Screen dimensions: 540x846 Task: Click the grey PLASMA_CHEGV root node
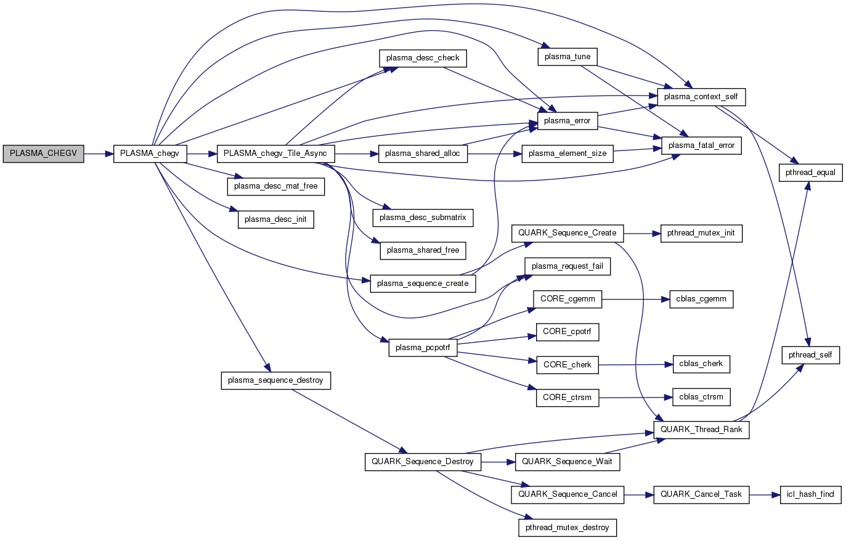click(43, 153)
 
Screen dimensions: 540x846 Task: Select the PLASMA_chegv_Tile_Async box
click(275, 153)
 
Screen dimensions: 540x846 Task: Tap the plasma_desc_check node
click(423, 58)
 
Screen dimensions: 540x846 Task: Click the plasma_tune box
click(567, 57)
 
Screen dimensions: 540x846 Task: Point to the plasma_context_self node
click(701, 97)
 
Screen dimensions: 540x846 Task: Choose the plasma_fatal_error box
click(701, 145)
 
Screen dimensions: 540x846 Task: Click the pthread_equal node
click(810, 173)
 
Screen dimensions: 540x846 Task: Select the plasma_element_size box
click(567, 153)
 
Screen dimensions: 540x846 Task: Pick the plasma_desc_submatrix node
click(423, 218)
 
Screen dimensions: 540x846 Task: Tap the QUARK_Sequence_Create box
click(567, 233)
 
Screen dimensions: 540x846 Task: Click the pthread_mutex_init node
click(701, 234)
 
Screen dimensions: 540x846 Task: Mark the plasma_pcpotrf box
click(423, 348)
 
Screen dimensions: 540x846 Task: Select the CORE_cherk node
click(567, 365)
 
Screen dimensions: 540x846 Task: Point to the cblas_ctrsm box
click(701, 397)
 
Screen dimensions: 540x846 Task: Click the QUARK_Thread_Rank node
click(701, 430)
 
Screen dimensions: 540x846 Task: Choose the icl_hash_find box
click(810, 494)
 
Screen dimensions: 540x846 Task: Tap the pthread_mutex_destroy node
click(567, 528)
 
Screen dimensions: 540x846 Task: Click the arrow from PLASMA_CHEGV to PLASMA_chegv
click(99, 153)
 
